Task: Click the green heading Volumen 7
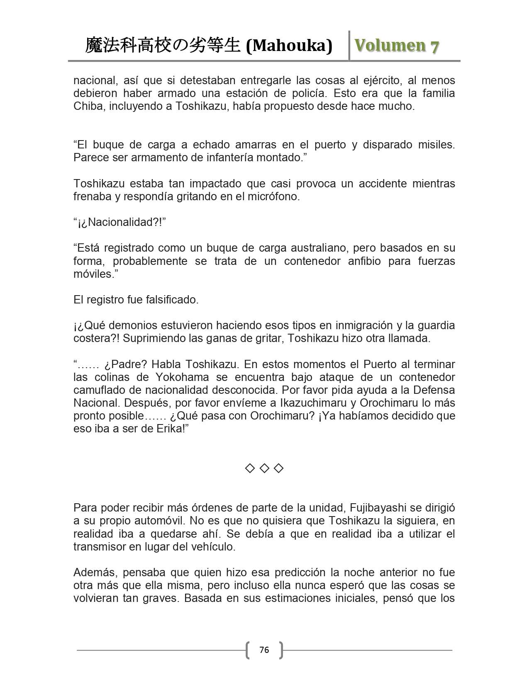click(397, 46)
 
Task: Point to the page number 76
click(264, 650)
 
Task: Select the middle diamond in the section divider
click(264, 468)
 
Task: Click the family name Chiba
click(87, 106)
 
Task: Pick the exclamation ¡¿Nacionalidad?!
click(120, 222)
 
